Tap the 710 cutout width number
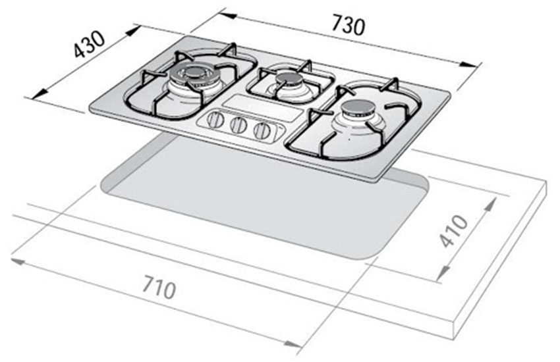point(157,287)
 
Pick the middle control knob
point(239,125)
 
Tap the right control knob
point(262,130)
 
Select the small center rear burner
point(289,78)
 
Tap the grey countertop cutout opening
point(264,204)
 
